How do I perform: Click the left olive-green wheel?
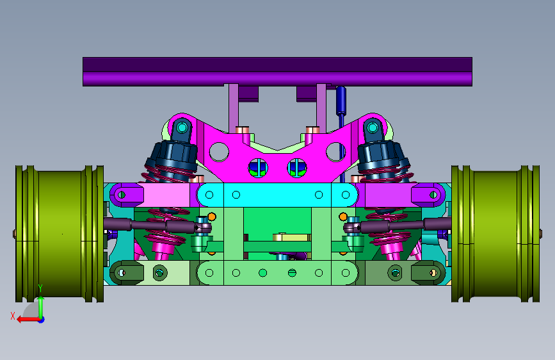(x=60, y=234)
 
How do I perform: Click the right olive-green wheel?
(x=495, y=234)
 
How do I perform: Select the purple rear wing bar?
(x=278, y=72)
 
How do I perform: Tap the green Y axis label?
(x=40, y=288)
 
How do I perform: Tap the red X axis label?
(x=13, y=316)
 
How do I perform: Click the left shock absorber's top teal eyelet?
(x=182, y=127)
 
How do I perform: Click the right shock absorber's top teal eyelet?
(x=372, y=127)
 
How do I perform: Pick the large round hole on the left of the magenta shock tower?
(x=219, y=152)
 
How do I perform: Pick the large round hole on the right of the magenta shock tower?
(x=335, y=152)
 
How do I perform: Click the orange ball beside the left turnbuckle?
(x=212, y=217)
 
